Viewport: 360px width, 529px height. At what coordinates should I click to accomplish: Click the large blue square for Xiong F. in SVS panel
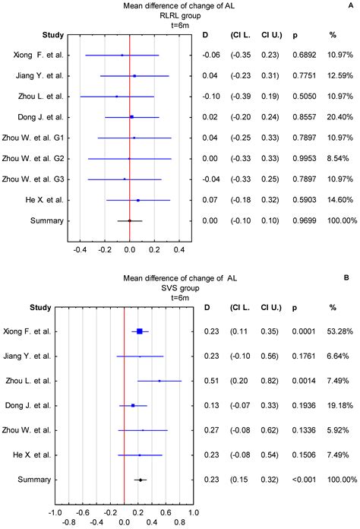tap(140, 331)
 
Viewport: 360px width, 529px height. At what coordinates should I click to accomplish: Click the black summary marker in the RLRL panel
tap(129, 220)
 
